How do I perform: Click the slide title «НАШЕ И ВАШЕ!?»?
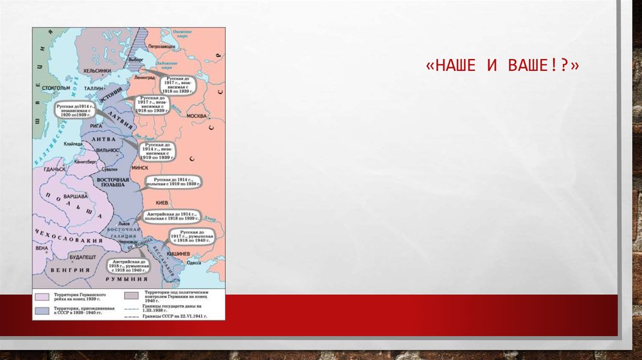[501, 66]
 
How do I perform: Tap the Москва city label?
[197, 116]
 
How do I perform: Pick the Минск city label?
[140, 167]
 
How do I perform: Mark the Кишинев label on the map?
[179, 253]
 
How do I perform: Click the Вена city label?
[41, 248]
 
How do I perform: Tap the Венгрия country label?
[68, 270]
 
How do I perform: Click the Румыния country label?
[127, 278]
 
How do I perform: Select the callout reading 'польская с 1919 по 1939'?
[174, 183]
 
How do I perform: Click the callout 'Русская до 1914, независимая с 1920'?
[75, 109]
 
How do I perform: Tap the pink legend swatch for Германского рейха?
[41, 296]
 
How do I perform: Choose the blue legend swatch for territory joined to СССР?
[41, 310]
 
